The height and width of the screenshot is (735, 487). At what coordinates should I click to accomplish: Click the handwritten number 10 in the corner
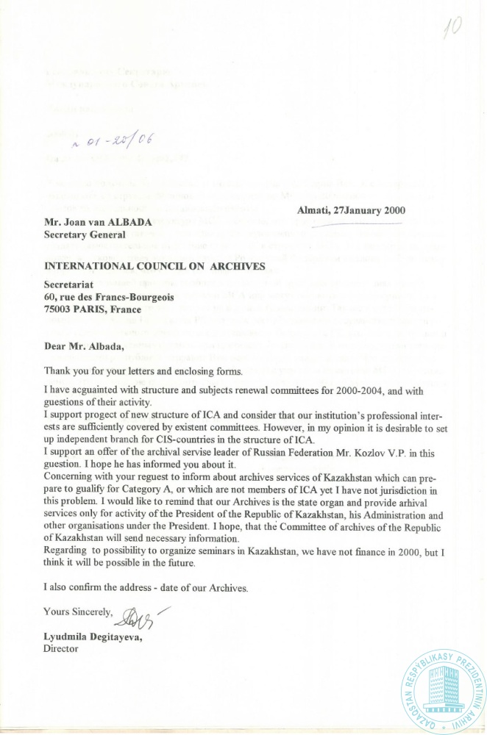452,28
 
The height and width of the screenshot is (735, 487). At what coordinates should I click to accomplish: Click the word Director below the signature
61,649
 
